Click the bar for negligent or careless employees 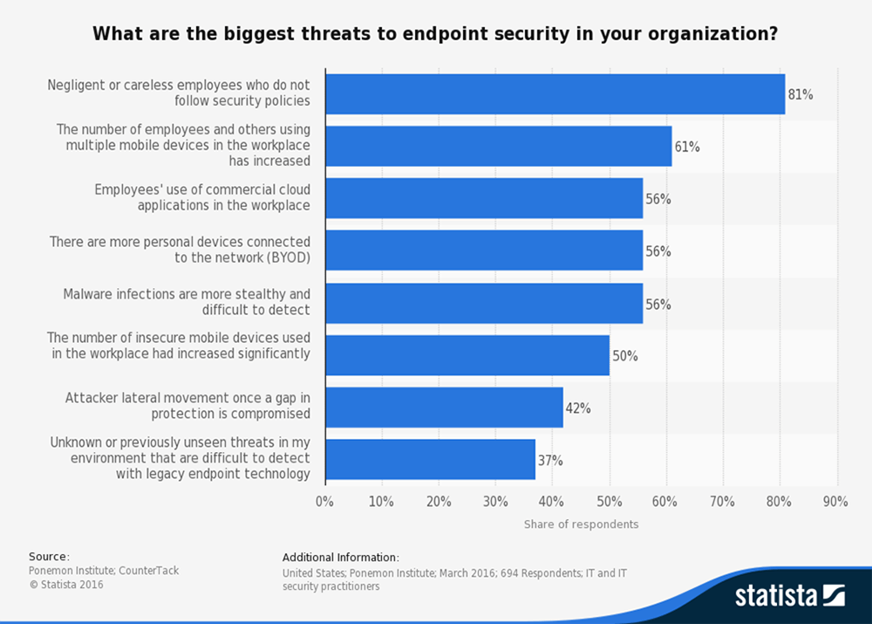(x=555, y=94)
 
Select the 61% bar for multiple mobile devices (x=498, y=147)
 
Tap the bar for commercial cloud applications (x=484, y=199)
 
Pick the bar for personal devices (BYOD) (x=484, y=251)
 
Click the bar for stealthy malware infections (x=484, y=304)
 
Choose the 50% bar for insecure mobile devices (x=467, y=355)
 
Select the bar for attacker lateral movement (x=444, y=408)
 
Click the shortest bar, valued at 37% (x=430, y=460)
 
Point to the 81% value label (x=800, y=94)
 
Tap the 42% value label (x=578, y=408)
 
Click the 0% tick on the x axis (x=324, y=502)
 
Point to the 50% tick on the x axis (x=609, y=502)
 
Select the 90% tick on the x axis (x=835, y=502)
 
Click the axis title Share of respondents (x=581, y=525)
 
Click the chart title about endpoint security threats (x=435, y=35)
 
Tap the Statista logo (x=789, y=596)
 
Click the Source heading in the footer (x=49, y=557)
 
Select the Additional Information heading (x=341, y=557)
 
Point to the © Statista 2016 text (x=66, y=585)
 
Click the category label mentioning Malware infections (x=187, y=302)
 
